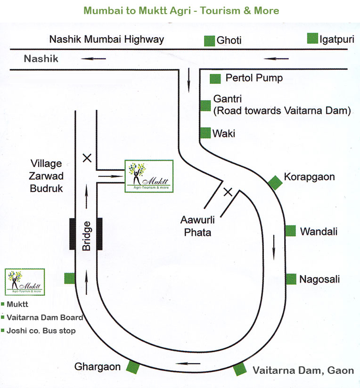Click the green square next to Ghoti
(x=209, y=41)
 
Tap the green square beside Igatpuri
(x=312, y=38)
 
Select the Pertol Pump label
(x=254, y=78)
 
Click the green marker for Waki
(x=205, y=133)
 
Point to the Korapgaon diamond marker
(x=275, y=183)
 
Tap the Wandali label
(x=319, y=232)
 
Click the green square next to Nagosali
(x=291, y=279)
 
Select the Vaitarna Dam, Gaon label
(x=303, y=371)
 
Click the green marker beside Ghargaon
(x=133, y=367)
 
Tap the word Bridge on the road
(x=86, y=236)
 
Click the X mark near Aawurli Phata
(x=228, y=192)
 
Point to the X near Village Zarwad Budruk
(x=87, y=158)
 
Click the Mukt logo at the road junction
(x=149, y=176)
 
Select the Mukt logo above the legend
(x=25, y=282)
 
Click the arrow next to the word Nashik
(x=93, y=59)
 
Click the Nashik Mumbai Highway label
(x=106, y=40)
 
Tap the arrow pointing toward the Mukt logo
(x=111, y=176)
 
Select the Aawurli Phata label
(x=197, y=226)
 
